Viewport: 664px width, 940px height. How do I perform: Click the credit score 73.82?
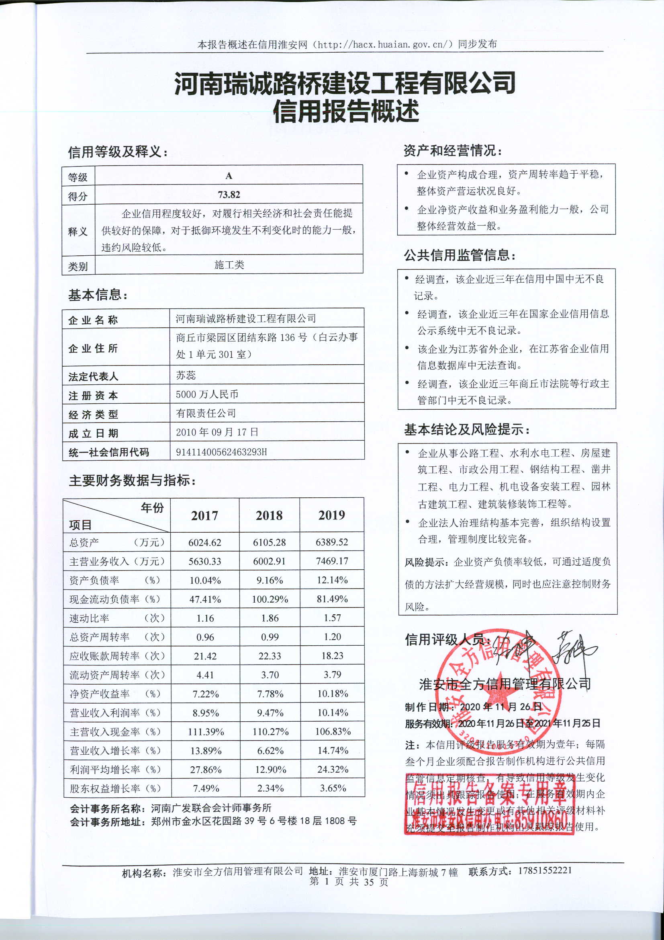229,195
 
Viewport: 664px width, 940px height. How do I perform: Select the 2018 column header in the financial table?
269,515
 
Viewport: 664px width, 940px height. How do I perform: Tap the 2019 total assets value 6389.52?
332,542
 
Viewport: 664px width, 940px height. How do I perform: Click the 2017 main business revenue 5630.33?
204,561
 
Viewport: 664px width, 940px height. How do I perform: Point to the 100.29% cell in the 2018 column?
270,599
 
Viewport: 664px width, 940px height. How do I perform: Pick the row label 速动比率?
90,618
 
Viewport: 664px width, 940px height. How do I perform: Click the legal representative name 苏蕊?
186,375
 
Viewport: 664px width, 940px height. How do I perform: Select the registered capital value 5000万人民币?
207,394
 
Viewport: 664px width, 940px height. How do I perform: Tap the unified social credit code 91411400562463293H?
221,452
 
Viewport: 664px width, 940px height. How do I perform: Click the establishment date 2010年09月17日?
217,432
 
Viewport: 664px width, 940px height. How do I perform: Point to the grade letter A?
229,176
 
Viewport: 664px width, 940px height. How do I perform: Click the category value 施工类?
229,265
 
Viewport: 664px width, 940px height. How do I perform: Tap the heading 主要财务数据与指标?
132,480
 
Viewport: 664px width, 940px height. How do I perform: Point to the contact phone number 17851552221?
545,870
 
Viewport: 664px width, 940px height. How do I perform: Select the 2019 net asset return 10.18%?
333,694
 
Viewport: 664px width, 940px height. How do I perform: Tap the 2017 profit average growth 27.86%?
206,770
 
